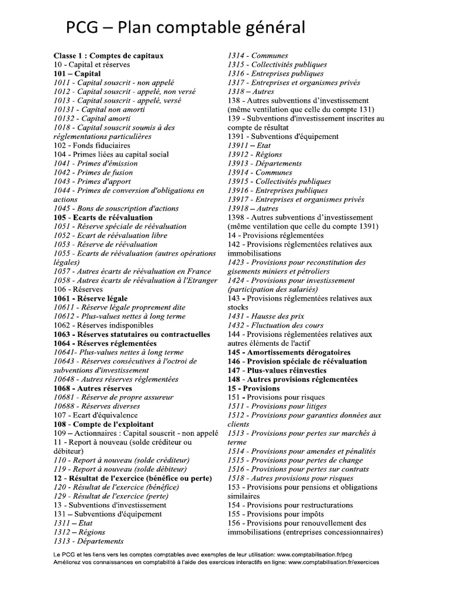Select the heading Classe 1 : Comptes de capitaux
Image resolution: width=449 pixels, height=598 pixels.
point(109,55)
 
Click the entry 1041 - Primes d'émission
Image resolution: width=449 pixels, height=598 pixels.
point(96,164)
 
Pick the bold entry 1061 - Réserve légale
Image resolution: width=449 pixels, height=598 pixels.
point(90,298)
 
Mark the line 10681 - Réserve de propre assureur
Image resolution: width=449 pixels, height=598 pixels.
point(113,398)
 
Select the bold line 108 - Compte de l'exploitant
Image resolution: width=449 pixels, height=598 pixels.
point(103,425)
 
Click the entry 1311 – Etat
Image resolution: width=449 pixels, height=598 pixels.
point(72,523)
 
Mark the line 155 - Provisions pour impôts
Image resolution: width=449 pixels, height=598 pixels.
point(278,514)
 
